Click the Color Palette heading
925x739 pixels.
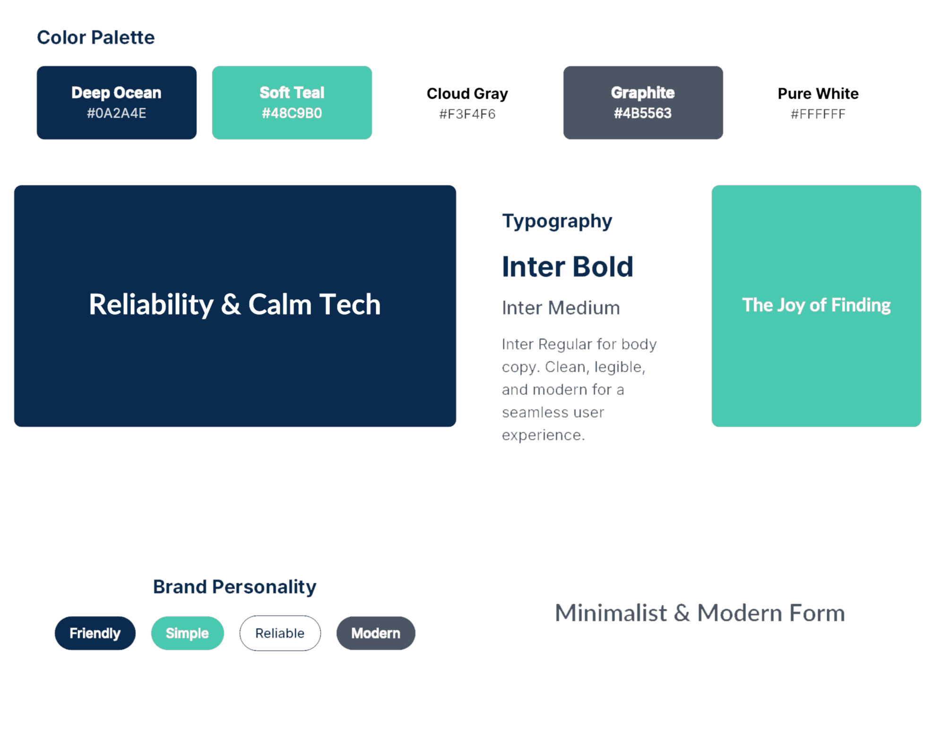click(95, 38)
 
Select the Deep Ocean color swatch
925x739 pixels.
click(116, 103)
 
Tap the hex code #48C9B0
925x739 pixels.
click(292, 113)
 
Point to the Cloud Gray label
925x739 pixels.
click(467, 94)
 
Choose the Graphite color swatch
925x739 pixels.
click(643, 103)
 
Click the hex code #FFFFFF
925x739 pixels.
click(818, 114)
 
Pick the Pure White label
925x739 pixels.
click(818, 94)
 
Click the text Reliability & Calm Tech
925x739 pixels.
click(235, 304)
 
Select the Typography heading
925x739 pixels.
click(557, 221)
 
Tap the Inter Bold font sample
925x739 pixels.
click(567, 267)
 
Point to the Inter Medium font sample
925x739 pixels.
click(561, 308)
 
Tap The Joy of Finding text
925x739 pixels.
click(816, 305)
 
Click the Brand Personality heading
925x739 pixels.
click(234, 587)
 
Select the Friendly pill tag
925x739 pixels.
click(95, 633)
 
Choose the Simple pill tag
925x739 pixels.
click(187, 633)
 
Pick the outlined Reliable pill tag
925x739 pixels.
click(280, 633)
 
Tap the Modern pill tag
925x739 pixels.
click(376, 633)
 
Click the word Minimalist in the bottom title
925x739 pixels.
click(611, 613)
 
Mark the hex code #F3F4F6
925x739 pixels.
click(467, 114)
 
